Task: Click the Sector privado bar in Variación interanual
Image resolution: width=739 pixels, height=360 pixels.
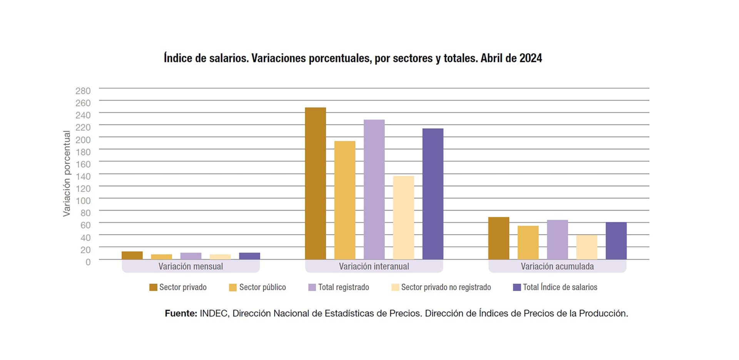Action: pyautogui.click(x=315, y=183)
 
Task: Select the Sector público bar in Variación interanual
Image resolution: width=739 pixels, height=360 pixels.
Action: pyautogui.click(x=344, y=200)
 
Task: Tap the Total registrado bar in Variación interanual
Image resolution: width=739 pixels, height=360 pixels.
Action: pyautogui.click(x=374, y=189)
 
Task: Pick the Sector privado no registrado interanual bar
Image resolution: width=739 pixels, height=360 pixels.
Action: pyautogui.click(x=403, y=218)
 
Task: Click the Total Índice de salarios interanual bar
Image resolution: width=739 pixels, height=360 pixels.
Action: pyautogui.click(x=433, y=194)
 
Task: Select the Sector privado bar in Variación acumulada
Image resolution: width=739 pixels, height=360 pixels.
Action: pyautogui.click(x=498, y=238)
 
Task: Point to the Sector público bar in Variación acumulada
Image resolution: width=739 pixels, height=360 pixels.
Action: pyautogui.click(x=528, y=242)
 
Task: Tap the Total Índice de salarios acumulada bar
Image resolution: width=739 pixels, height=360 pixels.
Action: pyautogui.click(x=616, y=241)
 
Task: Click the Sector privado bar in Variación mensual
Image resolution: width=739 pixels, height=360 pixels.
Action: pyautogui.click(x=132, y=255)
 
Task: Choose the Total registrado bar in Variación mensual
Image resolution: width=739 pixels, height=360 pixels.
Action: pyautogui.click(x=191, y=256)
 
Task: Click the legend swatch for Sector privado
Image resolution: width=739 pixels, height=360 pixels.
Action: pyautogui.click(x=153, y=287)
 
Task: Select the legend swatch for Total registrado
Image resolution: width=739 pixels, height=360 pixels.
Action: pyautogui.click(x=312, y=287)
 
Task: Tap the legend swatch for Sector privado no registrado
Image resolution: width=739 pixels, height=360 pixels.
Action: pyautogui.click(x=395, y=287)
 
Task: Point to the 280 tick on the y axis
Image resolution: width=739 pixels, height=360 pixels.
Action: pyautogui.click(x=83, y=91)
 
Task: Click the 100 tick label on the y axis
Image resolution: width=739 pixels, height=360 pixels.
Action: pyautogui.click(x=83, y=201)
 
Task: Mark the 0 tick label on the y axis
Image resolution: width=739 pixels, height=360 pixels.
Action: pyautogui.click(x=88, y=262)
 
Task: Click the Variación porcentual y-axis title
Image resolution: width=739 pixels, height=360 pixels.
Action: pyautogui.click(x=67, y=174)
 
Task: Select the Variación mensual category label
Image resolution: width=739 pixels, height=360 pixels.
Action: pyautogui.click(x=191, y=266)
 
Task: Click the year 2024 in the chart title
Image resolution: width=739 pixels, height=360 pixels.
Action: pyautogui.click(x=530, y=58)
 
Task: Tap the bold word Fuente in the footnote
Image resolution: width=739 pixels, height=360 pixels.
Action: pyautogui.click(x=181, y=313)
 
